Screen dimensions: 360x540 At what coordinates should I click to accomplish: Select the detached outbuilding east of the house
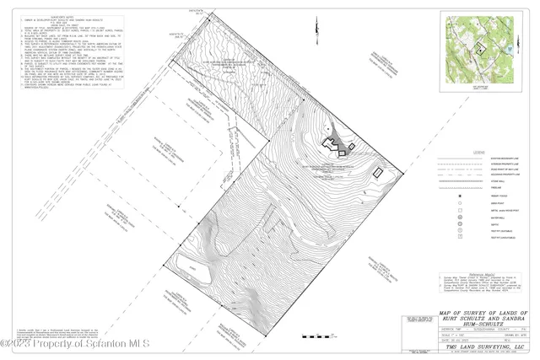click(378, 172)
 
